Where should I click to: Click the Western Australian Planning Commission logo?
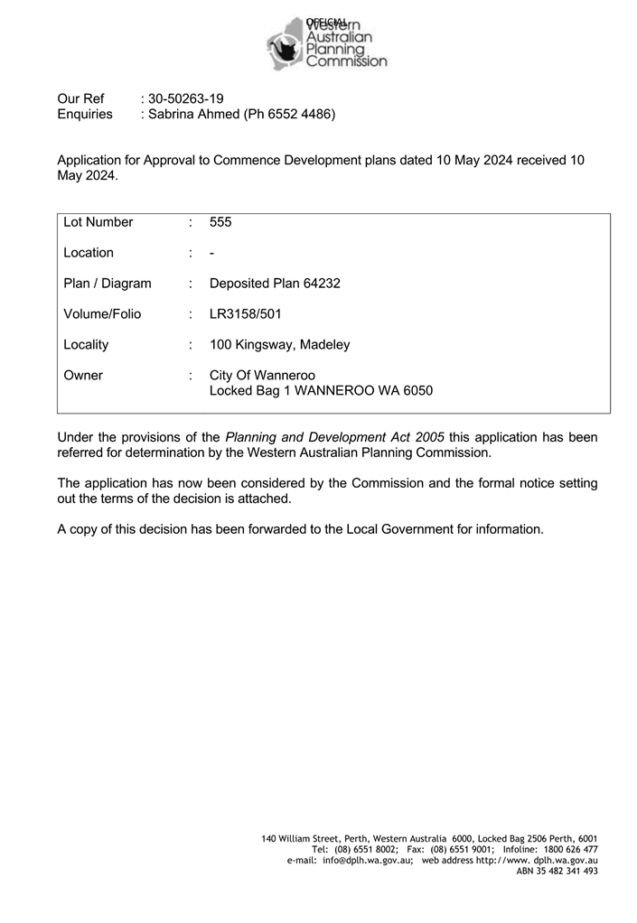(327, 42)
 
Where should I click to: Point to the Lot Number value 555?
(220, 222)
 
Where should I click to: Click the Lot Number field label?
(98, 222)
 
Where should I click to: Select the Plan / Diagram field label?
(108, 284)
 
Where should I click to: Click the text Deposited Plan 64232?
(275, 284)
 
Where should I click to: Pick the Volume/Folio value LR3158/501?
(246, 314)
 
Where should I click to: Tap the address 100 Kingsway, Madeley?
(279, 345)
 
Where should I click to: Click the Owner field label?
(83, 376)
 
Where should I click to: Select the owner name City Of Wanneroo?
(262, 376)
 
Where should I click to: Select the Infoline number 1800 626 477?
(567, 850)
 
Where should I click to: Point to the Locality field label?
(86, 345)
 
